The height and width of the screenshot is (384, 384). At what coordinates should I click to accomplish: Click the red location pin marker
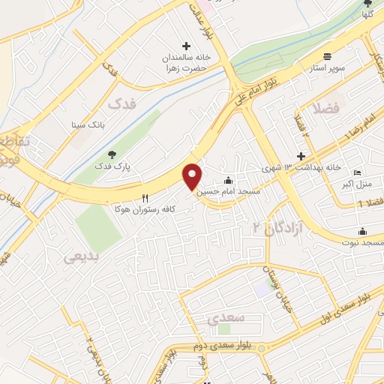point(193,176)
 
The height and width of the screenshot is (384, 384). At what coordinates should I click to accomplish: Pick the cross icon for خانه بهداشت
point(301,157)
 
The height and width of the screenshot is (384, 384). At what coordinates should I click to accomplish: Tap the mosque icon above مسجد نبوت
point(363,231)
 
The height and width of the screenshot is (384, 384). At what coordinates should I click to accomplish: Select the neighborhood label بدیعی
point(80,257)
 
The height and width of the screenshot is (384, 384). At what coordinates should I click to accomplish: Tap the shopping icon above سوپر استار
point(328,57)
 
